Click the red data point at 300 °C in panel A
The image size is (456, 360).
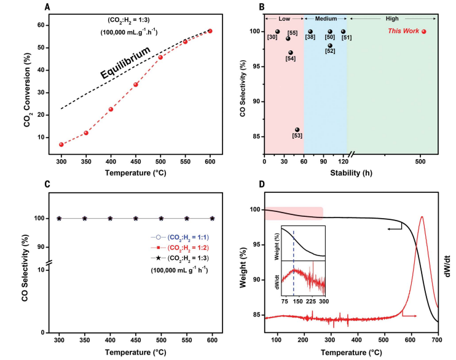[x=61, y=144]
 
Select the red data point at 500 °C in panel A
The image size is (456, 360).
[x=160, y=57]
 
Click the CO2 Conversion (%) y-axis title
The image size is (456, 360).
[x=13, y=82]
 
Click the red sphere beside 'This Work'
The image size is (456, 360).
[x=423, y=31]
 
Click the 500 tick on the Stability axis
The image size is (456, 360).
[x=420, y=162]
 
